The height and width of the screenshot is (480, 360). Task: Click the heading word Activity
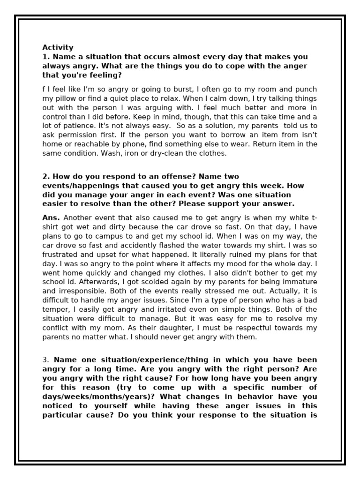click(x=58, y=47)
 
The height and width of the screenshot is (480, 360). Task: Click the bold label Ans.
click(x=51, y=217)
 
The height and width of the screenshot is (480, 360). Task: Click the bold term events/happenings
click(x=82, y=186)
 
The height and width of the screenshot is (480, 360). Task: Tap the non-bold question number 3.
click(x=45, y=360)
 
